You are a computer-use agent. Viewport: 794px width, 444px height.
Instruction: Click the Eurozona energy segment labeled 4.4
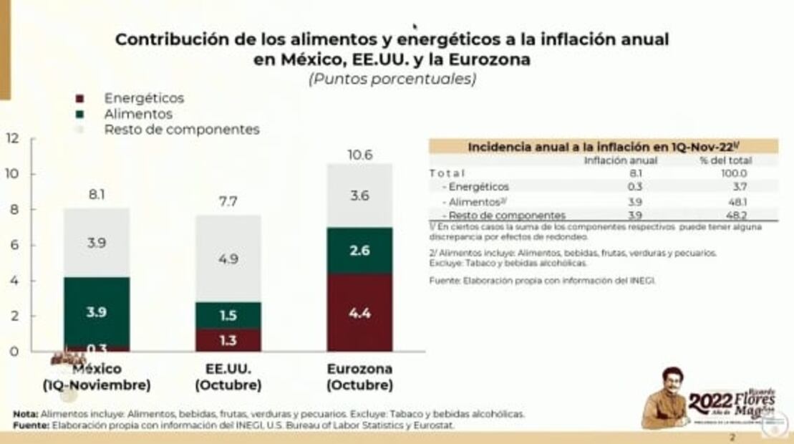tap(359, 312)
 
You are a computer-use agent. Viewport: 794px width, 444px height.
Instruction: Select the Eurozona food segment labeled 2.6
tap(359, 251)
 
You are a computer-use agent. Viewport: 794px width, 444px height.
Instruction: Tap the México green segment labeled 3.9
tap(97, 312)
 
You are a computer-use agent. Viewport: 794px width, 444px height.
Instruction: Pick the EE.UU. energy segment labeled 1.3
tap(228, 340)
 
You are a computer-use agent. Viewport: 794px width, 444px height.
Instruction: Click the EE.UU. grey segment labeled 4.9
tap(228, 259)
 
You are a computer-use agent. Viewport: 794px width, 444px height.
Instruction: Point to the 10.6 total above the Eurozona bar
tap(359, 155)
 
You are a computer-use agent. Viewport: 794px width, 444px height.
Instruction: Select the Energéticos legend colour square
tap(80, 99)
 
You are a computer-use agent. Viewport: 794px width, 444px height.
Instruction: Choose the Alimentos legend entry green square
tap(80, 115)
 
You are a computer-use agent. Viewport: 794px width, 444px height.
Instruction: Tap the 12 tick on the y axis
tap(11, 138)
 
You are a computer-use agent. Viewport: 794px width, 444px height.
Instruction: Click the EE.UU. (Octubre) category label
tap(228, 377)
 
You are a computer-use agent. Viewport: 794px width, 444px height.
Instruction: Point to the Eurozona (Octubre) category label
tap(359, 377)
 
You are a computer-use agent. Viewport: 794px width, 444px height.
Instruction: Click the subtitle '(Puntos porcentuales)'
tap(392, 79)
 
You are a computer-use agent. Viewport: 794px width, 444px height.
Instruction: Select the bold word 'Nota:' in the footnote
tap(26, 414)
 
